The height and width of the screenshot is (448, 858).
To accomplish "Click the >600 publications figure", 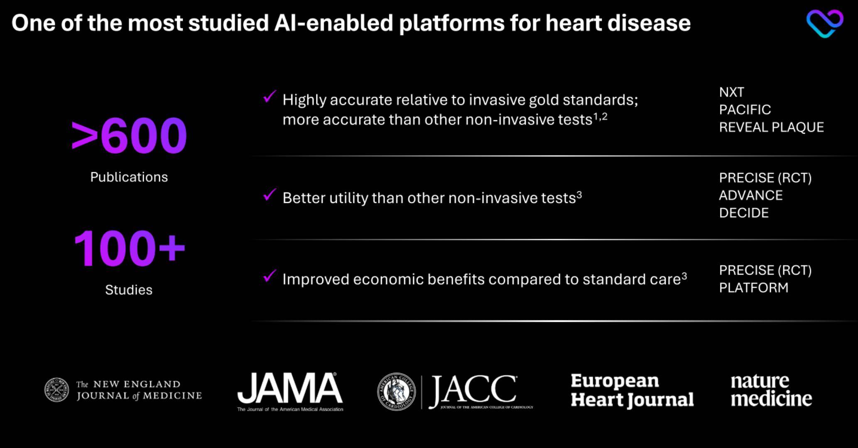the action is [x=129, y=136].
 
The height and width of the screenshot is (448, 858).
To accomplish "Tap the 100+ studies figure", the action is [x=129, y=248].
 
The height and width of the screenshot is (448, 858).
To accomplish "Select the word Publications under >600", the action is [x=129, y=177].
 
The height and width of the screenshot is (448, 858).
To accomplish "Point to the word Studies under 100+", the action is [x=129, y=290].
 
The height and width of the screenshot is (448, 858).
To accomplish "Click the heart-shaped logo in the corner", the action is [x=825, y=24].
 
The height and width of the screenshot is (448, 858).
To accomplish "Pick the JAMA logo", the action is [x=290, y=392].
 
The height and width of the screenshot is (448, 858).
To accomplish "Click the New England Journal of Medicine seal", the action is [x=57, y=390].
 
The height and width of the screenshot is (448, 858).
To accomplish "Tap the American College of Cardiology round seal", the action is [x=396, y=392].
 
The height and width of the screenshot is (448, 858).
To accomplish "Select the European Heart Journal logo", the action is [x=632, y=390].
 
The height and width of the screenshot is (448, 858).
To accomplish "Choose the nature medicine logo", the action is [x=772, y=390].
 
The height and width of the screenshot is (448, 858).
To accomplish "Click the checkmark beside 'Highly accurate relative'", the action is [x=270, y=97].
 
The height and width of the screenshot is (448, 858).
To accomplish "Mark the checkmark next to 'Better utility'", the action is [x=270, y=195].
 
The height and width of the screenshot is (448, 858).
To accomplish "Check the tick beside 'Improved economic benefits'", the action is [x=270, y=276].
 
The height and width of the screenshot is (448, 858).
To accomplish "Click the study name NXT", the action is [x=732, y=92].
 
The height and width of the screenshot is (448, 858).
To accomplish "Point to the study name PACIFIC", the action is [x=745, y=110].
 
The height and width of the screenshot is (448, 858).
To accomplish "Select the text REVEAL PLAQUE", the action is [x=772, y=127].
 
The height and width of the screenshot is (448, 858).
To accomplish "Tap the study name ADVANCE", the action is [x=751, y=195].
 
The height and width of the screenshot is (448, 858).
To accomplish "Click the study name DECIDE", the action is [x=744, y=213].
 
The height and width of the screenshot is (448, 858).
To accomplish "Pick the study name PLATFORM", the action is [x=754, y=287].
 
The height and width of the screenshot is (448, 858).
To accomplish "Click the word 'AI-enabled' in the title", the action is [x=333, y=23].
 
